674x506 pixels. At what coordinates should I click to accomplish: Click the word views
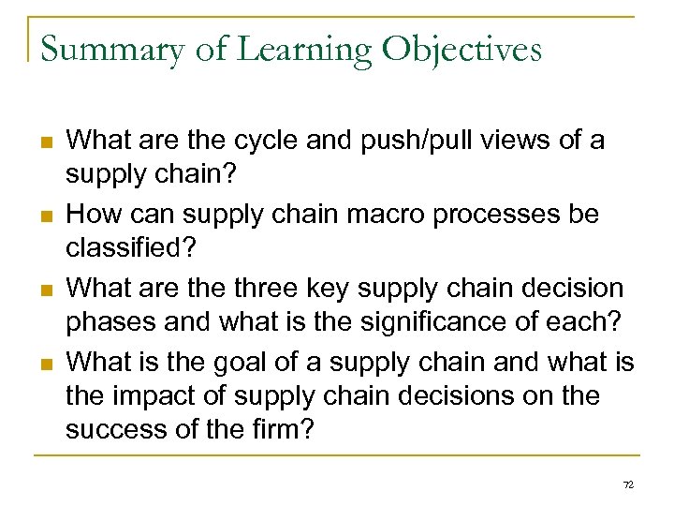(x=506, y=141)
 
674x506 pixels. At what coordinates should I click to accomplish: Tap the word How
(x=95, y=214)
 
